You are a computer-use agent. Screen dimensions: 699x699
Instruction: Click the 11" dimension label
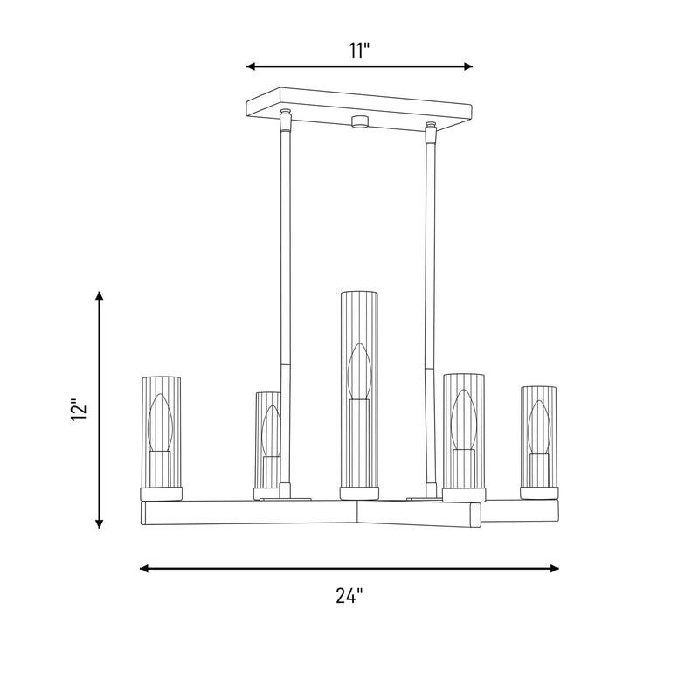(359, 51)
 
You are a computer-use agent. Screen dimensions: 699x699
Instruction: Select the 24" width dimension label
(349, 595)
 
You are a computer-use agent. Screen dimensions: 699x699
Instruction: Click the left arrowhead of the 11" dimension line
(251, 66)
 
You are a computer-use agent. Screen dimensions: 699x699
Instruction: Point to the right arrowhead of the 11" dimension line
(468, 66)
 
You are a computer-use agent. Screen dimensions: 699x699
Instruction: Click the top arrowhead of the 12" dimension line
(100, 295)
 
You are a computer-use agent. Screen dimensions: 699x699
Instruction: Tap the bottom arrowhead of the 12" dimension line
(100, 523)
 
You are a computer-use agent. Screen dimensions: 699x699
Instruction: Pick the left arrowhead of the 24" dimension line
(144, 568)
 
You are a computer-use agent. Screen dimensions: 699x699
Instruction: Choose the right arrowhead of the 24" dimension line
(555, 568)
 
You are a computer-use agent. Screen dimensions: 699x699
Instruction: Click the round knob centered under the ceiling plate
(359, 121)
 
